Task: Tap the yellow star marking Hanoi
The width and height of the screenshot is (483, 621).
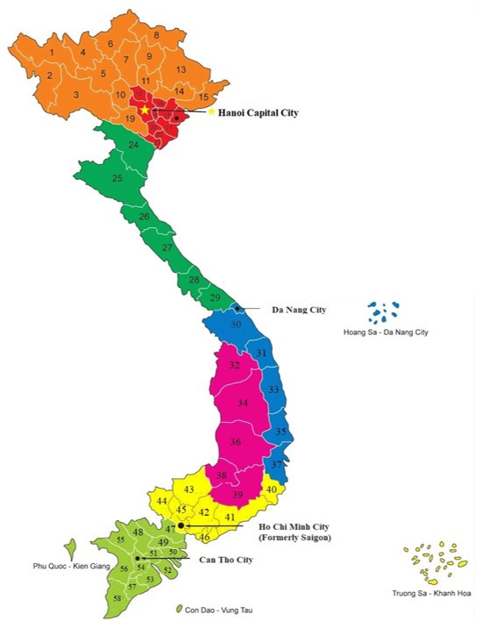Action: point(145,111)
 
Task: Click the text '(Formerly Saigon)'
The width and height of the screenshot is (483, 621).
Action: point(295,537)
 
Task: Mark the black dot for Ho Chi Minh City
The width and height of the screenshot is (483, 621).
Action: point(180,526)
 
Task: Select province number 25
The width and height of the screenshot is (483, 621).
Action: point(117,178)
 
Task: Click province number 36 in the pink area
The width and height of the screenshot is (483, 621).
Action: point(235,442)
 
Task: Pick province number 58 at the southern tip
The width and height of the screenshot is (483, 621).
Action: point(117,597)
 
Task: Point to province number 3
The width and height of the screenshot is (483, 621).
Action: point(76,95)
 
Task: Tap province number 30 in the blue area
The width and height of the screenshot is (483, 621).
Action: point(235,325)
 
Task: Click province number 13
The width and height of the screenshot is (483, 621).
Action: point(181,69)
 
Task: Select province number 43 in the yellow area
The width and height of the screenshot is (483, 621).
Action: point(188,489)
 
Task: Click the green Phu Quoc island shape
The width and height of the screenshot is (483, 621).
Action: point(69,548)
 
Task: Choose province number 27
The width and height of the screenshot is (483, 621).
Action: point(167,248)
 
